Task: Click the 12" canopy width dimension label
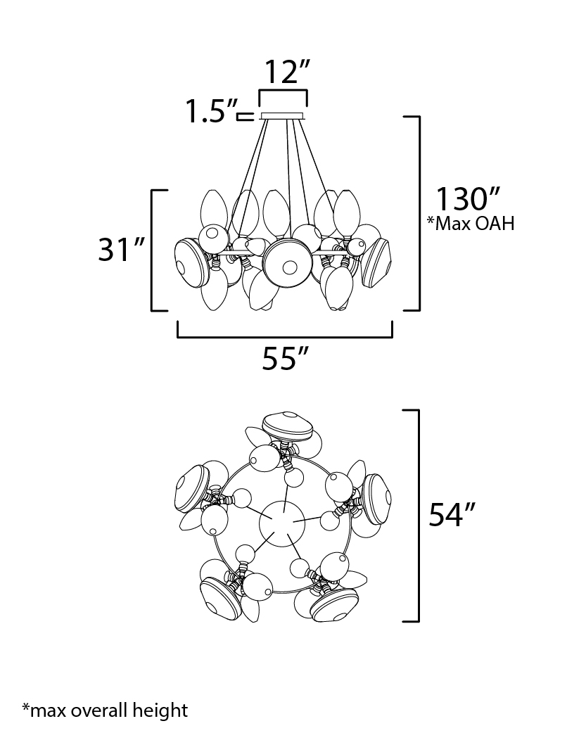tap(287, 72)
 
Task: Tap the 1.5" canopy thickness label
tap(212, 110)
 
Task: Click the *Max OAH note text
tap(471, 224)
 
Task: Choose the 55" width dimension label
tap(285, 359)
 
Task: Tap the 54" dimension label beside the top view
tap(452, 515)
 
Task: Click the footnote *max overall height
tap(105, 710)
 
